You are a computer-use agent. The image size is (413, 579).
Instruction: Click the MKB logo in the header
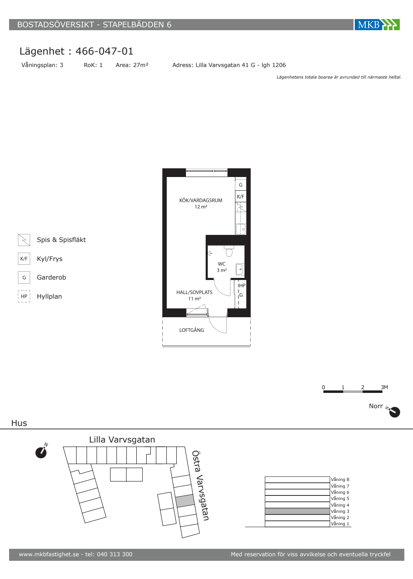point(377,24)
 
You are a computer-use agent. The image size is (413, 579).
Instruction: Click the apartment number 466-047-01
point(104,51)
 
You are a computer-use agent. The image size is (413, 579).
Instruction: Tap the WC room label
point(222,264)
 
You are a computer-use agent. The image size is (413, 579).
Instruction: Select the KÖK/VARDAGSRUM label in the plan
point(201,200)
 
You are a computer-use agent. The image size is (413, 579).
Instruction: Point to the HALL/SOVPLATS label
point(195,292)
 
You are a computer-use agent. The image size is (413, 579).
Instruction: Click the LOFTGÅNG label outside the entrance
point(192,330)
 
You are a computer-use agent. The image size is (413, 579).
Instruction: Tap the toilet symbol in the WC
point(229,251)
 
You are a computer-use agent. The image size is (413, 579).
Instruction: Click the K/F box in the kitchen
point(240,196)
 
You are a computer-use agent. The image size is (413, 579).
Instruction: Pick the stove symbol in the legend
point(24,240)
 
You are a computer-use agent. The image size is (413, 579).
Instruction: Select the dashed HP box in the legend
point(24,296)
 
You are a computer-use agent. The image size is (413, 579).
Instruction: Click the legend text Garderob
point(51,278)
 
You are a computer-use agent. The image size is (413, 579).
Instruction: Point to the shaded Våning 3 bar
point(297,511)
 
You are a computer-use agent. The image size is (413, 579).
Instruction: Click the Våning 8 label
point(340,479)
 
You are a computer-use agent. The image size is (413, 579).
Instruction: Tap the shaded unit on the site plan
point(185,501)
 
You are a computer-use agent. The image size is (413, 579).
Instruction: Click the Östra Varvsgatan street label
point(200,486)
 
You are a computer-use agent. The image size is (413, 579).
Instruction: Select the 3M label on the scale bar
point(385,387)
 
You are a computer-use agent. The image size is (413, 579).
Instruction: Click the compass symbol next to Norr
point(394,412)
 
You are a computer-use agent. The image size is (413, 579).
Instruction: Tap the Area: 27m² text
point(132,65)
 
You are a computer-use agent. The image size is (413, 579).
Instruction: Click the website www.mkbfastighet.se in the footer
point(49,554)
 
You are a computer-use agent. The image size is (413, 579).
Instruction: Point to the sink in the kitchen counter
point(241,229)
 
